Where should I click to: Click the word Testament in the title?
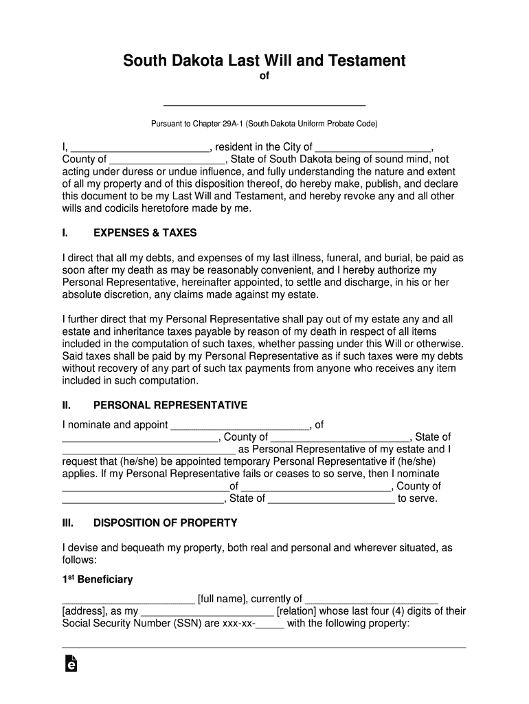368,61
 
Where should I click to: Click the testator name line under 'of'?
264,104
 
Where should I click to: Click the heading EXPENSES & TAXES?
145,233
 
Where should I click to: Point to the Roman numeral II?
67,405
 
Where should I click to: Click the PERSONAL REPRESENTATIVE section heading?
170,405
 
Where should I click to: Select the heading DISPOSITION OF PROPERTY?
165,522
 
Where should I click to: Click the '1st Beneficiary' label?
98,580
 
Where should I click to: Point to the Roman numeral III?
68,522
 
